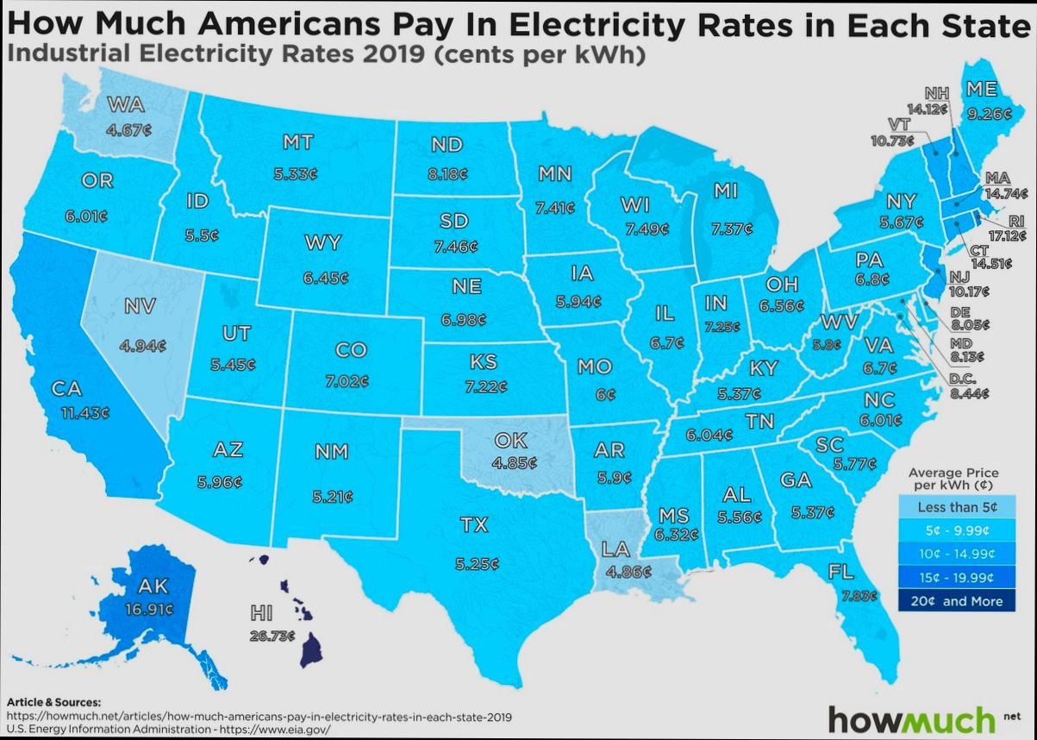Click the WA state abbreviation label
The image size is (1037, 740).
click(126, 105)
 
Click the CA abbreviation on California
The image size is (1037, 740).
click(66, 389)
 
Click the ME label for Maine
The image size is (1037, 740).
click(982, 89)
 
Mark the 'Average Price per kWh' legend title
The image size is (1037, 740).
click(953, 479)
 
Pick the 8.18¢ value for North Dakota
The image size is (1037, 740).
click(447, 173)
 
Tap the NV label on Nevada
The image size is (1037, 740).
click(139, 306)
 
